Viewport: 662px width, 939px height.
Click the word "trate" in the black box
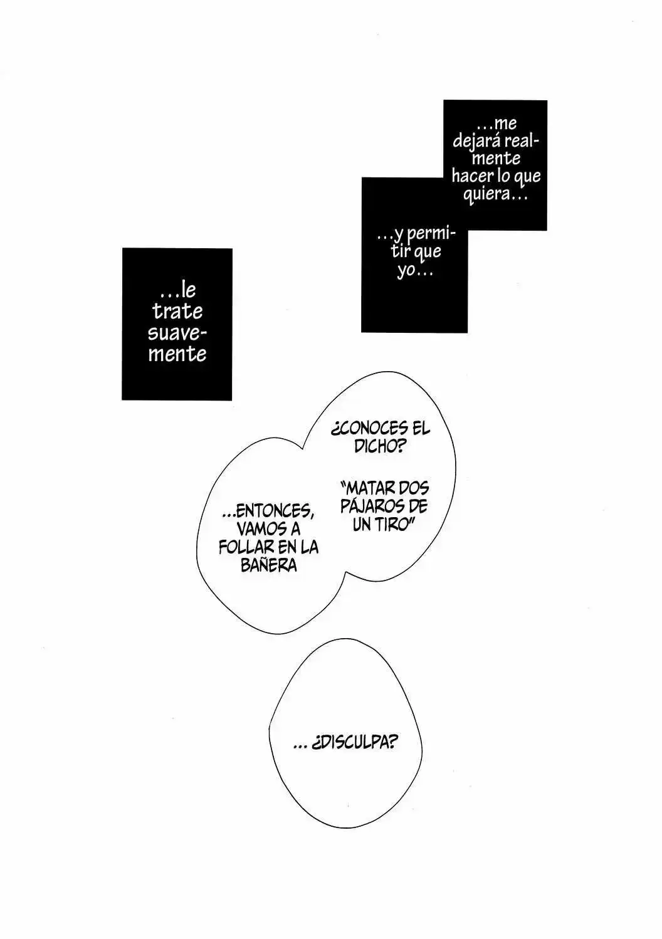tap(177, 312)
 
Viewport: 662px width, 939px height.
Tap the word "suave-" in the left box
tap(177, 333)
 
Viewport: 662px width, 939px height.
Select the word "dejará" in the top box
tap(476, 142)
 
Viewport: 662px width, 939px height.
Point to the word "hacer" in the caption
tap(472, 176)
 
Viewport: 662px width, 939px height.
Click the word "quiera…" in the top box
tap(495, 194)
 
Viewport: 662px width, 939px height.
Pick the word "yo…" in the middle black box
tap(414, 271)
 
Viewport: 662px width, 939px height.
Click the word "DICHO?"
tap(379, 447)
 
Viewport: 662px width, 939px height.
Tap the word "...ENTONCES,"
tap(268, 511)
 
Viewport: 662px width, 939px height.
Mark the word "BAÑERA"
tap(269, 565)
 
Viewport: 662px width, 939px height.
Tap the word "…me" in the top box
tap(497, 124)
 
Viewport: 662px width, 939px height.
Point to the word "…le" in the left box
tap(178, 290)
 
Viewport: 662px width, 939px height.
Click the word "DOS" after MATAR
tap(414, 488)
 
